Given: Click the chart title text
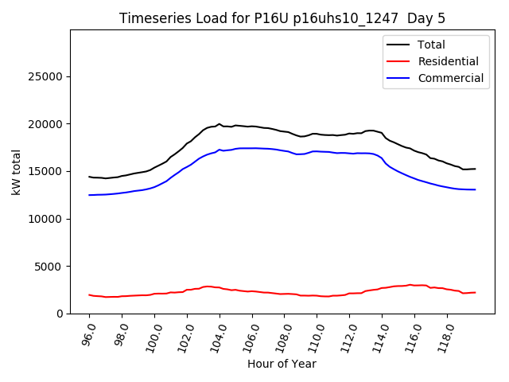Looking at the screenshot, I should point(280,18).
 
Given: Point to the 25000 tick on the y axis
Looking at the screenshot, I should point(47,77).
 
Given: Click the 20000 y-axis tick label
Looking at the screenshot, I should point(47,124).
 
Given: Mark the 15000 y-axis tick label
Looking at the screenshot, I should point(47,172).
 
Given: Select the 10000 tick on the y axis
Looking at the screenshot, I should point(47,219).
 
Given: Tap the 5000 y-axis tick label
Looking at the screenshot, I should point(50,267).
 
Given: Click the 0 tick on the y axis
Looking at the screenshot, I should point(60,314).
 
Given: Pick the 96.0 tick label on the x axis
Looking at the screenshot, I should point(88,334).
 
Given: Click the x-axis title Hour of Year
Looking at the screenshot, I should point(282,364).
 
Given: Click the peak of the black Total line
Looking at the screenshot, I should point(219,124).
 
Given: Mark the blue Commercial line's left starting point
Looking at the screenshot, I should point(89,195).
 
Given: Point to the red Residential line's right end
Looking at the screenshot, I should point(476,292).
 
